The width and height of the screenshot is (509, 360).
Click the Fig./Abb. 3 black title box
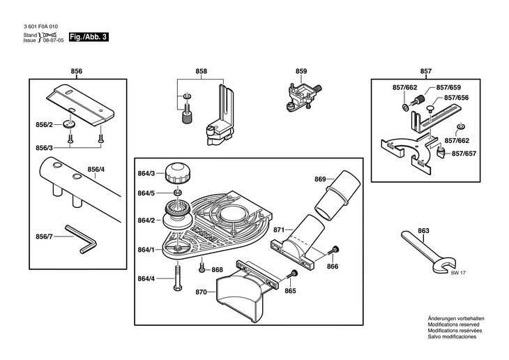pyautogui.click(x=89, y=37)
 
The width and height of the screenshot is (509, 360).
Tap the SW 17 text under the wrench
pyautogui.click(x=458, y=273)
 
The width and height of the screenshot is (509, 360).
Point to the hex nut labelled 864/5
pyautogui.click(x=177, y=193)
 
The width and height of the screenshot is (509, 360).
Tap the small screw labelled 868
pyautogui.click(x=202, y=269)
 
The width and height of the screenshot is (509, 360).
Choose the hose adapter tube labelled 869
pyautogui.click(x=337, y=195)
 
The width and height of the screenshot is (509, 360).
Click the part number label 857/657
pyautogui.click(x=464, y=153)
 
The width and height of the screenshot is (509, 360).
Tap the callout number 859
pyautogui.click(x=301, y=71)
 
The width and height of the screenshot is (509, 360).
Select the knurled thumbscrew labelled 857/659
pyautogui.click(x=418, y=100)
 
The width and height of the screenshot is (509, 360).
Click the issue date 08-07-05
pyautogui.click(x=54, y=40)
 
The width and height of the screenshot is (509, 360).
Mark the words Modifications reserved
pyautogui.click(x=453, y=324)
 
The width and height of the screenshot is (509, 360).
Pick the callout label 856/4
pyautogui.click(x=96, y=170)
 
